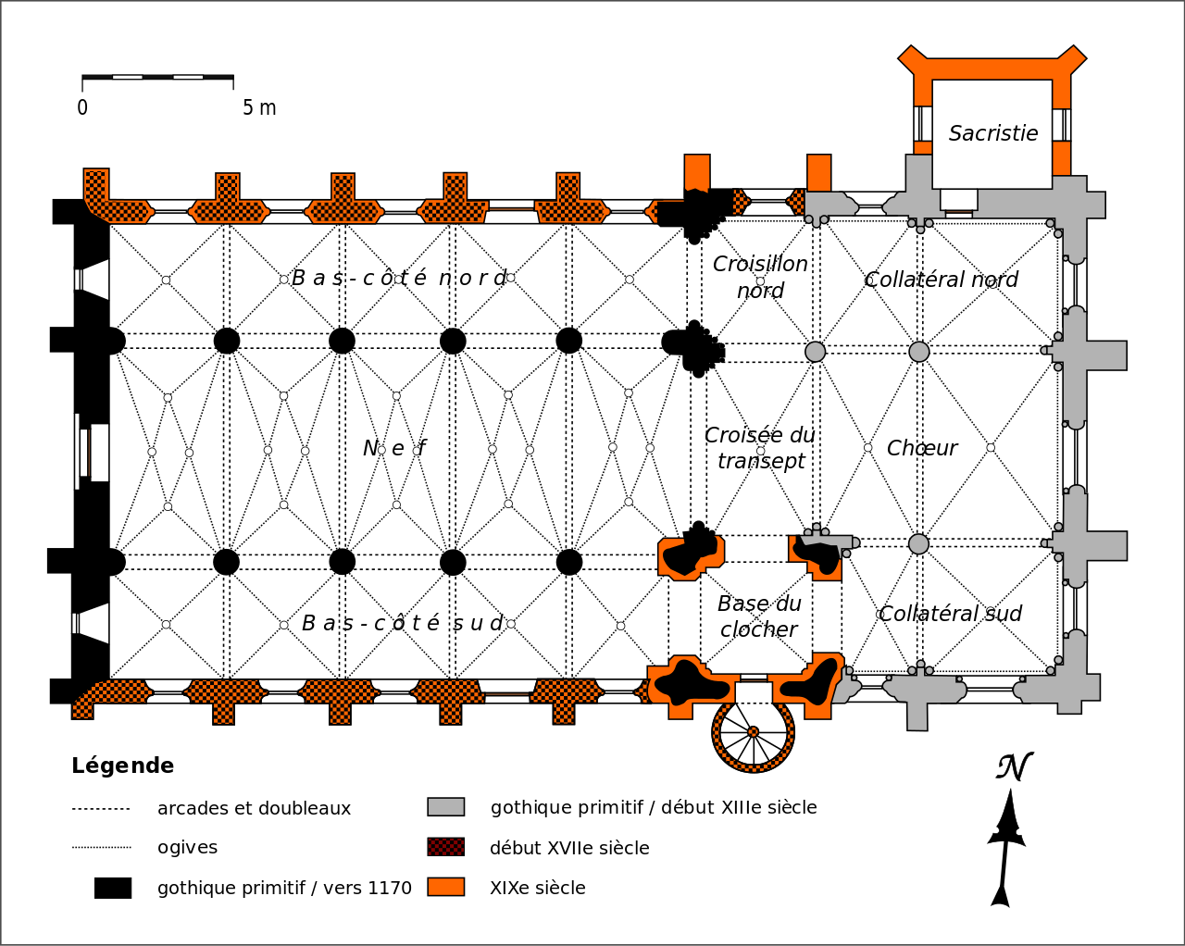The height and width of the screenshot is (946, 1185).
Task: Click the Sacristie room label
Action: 993,133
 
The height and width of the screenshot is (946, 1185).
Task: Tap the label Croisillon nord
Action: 760,277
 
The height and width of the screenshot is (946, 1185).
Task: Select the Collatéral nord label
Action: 941,280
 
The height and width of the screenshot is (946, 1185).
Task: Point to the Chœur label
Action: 921,448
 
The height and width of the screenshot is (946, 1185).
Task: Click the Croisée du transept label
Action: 760,448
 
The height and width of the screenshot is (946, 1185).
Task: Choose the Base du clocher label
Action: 759,616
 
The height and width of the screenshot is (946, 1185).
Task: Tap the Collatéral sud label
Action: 950,614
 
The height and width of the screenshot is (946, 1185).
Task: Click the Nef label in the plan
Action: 394,449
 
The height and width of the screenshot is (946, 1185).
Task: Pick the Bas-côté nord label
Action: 399,278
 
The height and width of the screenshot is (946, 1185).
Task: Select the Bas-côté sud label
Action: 403,623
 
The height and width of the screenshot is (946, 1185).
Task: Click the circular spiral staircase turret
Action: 753,732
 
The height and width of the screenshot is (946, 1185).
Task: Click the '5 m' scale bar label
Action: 259,108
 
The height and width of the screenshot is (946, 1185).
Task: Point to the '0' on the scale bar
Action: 82,108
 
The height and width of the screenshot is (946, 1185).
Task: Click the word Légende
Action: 122,766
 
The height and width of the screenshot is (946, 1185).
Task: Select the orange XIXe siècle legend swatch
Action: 445,887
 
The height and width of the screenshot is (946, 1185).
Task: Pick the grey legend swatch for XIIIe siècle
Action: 445,807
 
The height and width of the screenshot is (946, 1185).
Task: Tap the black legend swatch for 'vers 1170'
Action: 113,888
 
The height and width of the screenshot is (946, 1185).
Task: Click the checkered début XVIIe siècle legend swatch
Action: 445,847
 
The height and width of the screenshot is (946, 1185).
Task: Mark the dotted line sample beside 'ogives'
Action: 102,847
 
